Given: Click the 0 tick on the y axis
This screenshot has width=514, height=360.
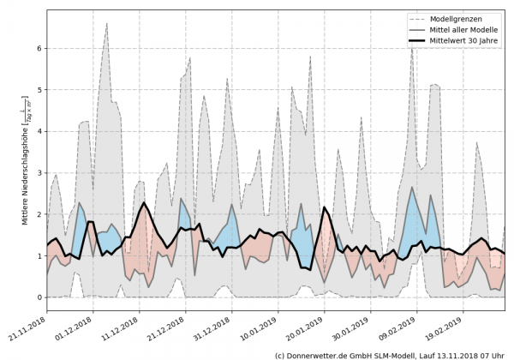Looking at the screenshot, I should [x=39, y=297].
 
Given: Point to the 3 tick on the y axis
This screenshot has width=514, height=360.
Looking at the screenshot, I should [x=39, y=173].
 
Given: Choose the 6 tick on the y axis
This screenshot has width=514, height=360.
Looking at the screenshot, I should [x=39, y=49].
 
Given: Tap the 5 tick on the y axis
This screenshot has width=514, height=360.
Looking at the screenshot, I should [x=39, y=90].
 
